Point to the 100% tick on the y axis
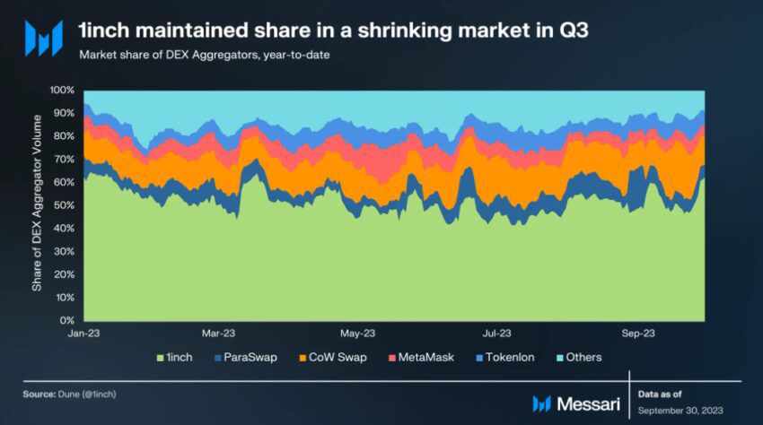(61, 91)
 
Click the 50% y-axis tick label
(64, 205)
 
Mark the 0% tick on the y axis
(66, 320)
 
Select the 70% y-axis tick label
(64, 160)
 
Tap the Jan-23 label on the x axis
(83, 333)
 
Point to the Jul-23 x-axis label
(498, 333)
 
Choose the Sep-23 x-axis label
(637, 333)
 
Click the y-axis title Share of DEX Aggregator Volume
(38, 205)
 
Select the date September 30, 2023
(682, 410)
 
